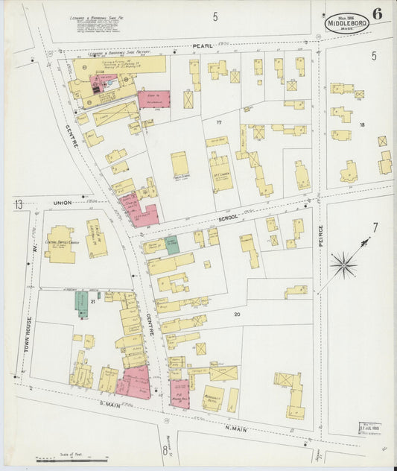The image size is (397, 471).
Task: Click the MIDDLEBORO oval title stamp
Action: click(x=346, y=24)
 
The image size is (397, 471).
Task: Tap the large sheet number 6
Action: click(x=378, y=13)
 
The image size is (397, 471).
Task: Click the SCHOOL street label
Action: click(x=227, y=216)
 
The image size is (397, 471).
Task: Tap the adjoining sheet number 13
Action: click(x=18, y=203)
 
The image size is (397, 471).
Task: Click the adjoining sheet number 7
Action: click(x=375, y=227)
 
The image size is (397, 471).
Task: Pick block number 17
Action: click(x=219, y=121)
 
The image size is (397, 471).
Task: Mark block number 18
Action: click(x=363, y=125)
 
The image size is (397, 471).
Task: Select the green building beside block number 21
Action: click(x=81, y=303)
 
